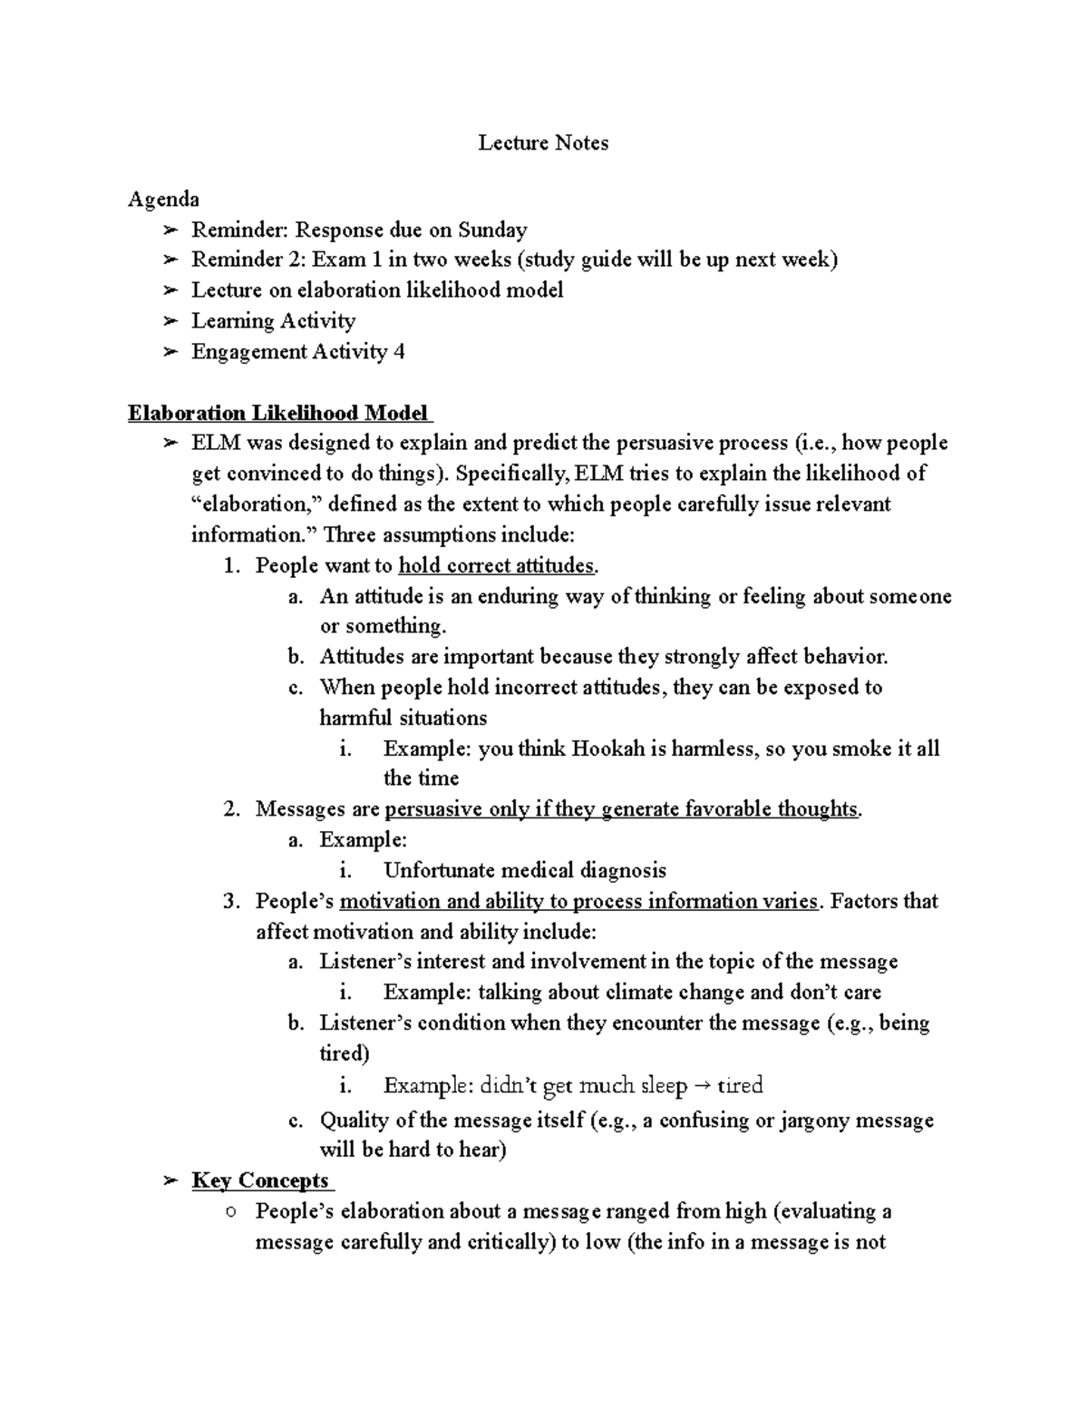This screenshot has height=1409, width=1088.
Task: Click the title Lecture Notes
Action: pyautogui.click(x=543, y=142)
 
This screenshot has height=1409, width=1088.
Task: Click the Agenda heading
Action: pyautogui.click(x=163, y=199)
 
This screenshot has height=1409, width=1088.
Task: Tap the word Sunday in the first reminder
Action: pyautogui.click(x=491, y=230)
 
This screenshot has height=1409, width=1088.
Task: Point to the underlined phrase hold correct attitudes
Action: pyautogui.click(x=497, y=566)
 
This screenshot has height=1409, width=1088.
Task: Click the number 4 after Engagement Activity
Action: pyautogui.click(x=399, y=351)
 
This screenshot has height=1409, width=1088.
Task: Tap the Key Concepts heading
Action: pyautogui.click(x=260, y=1180)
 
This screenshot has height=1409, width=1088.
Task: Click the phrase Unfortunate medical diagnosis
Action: pyautogui.click(x=525, y=871)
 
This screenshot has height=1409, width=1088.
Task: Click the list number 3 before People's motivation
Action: pyautogui.click(x=229, y=902)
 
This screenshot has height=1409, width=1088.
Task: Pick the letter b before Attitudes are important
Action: pyautogui.click(x=295, y=657)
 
